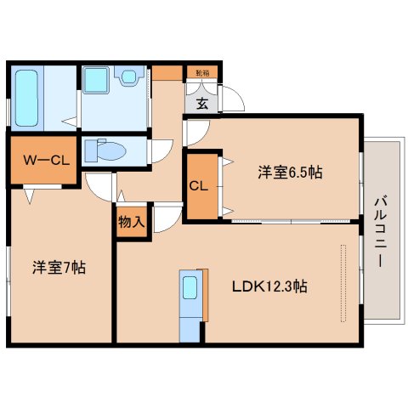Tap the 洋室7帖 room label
pos(59,266)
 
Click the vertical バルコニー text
pos(379,229)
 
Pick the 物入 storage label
pos(131,222)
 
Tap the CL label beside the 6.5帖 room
pos(200,185)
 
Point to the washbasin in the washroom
pos(127,77)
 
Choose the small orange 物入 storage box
pos(131,222)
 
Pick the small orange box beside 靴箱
pos(168,73)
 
